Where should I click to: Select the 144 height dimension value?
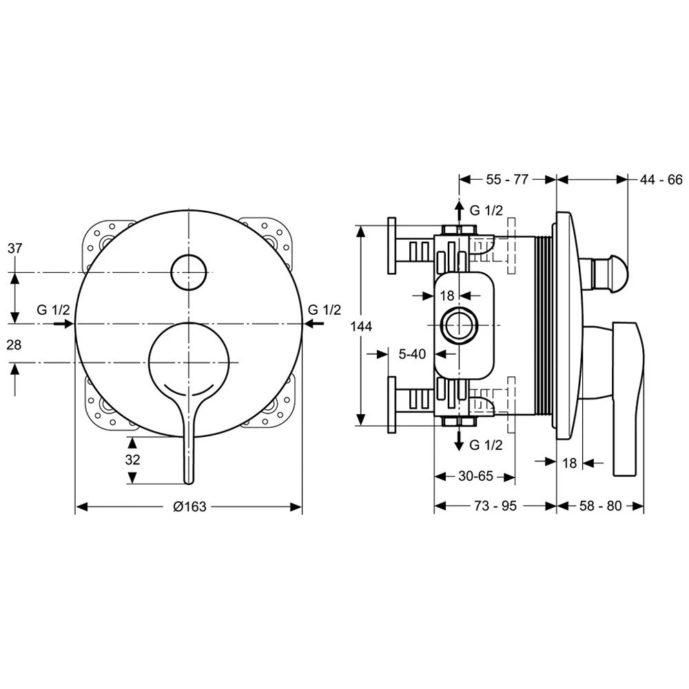361,327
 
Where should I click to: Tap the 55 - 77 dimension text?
507,180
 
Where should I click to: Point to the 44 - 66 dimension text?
660,180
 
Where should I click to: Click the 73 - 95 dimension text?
495,506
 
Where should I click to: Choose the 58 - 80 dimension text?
600,506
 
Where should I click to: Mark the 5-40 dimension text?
412,353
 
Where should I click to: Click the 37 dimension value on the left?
15,249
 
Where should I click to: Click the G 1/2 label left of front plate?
54,309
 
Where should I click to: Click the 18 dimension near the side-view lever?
569,463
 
